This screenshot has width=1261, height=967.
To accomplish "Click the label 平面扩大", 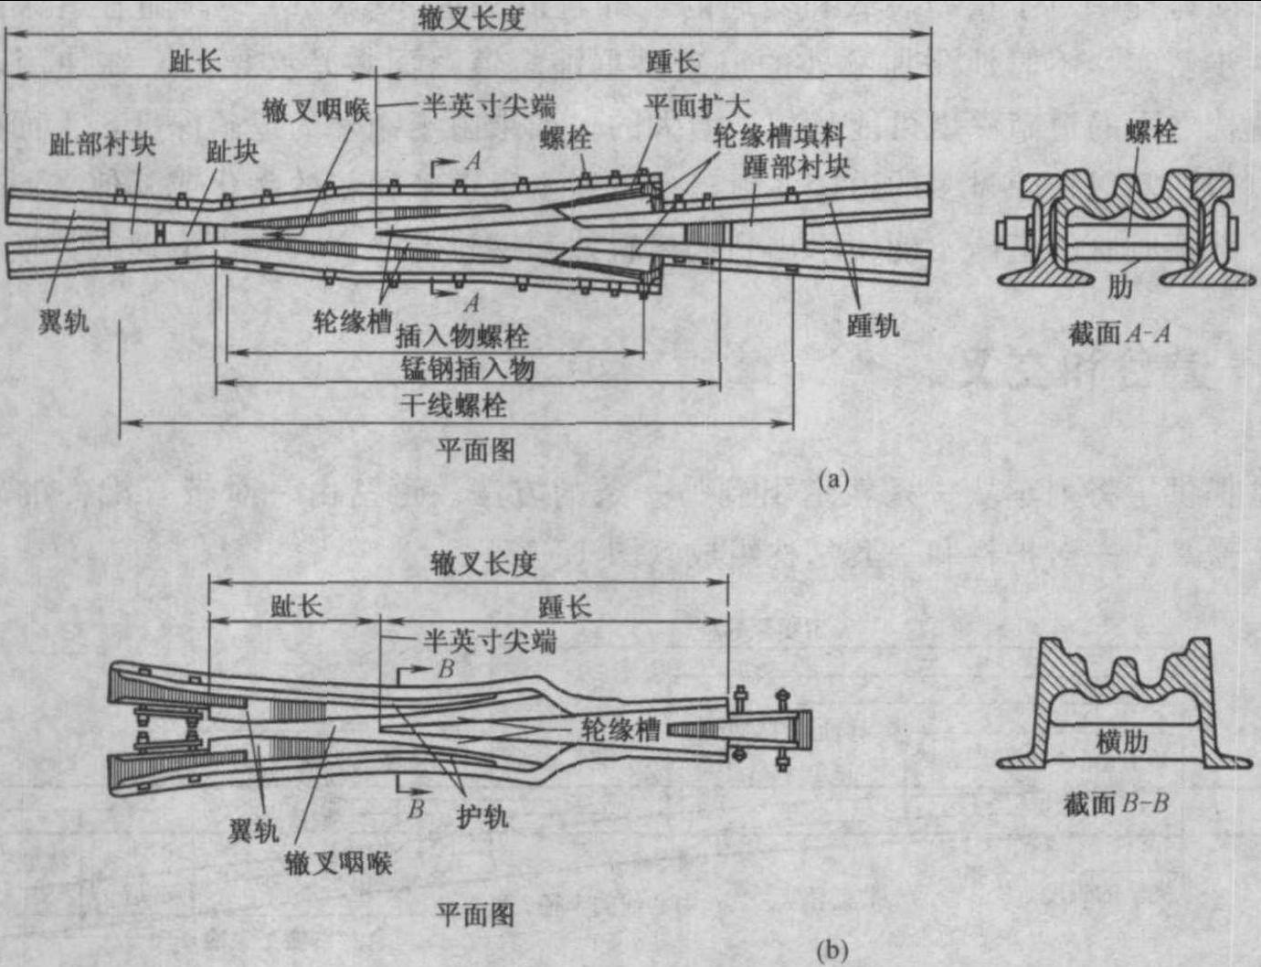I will tap(697, 106).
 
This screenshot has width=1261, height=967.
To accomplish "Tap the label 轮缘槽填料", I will tap(779, 137).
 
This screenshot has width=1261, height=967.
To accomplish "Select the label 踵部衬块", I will tap(796, 166).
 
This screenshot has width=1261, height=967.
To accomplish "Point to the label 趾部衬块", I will tap(102, 144).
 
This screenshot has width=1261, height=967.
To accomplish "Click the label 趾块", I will tap(232, 152).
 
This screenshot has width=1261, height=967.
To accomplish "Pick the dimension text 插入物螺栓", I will tap(461, 336).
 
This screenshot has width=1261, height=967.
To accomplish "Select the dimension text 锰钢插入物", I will tap(467, 369).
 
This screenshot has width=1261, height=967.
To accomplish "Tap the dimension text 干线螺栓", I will tap(453, 405).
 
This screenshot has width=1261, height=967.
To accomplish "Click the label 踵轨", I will tap(873, 324).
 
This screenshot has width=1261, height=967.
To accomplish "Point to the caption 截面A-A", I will tap(1119, 334).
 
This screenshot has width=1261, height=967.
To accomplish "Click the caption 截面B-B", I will tap(1117, 804).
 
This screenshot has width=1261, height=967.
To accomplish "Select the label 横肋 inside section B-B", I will tap(1121, 740).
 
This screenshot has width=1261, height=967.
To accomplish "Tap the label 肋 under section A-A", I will tap(1119, 287).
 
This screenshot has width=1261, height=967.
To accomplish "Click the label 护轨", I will tap(482, 816).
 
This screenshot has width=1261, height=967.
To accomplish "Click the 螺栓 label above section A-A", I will tap(1151, 133).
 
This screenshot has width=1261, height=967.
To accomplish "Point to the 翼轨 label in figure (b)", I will tap(253, 831).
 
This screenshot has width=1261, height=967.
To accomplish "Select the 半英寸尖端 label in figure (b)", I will tap(489, 642).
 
